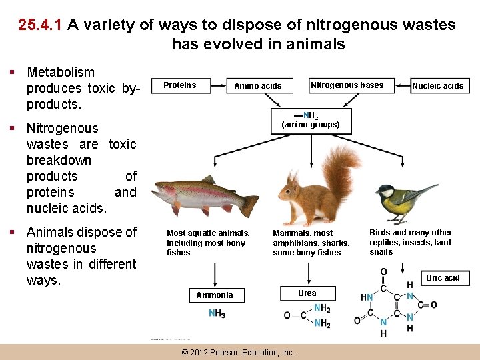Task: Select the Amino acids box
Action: click(257, 86)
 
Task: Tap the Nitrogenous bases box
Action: click(347, 85)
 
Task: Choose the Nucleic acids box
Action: click(437, 86)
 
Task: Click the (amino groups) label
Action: click(310, 125)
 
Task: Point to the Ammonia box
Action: click(215, 295)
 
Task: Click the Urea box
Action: click(307, 293)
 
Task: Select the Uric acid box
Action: click(443, 278)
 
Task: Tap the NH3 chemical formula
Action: click(217, 313)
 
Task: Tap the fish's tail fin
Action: click(249, 205)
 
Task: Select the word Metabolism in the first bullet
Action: click(61, 72)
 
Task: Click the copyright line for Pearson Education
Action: click(237, 352)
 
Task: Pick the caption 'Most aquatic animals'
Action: click(208, 233)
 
